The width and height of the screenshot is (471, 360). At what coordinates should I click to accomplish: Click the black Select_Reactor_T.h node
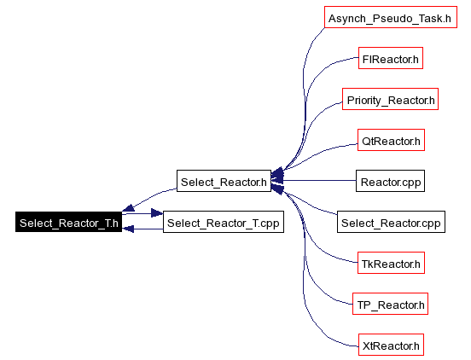(68, 222)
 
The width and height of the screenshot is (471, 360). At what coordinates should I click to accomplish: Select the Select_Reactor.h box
(224, 181)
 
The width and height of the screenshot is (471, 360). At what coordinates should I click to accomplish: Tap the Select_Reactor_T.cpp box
(224, 222)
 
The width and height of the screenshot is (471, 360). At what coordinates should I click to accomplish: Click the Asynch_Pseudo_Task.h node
(391, 17)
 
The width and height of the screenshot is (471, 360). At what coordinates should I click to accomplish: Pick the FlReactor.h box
(391, 58)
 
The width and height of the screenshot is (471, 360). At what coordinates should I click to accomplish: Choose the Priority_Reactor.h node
(390, 99)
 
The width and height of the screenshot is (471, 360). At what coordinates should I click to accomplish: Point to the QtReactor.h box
(391, 140)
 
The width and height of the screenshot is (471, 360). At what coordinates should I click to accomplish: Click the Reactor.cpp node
(390, 181)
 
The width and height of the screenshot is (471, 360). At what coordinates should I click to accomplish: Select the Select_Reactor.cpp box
(391, 222)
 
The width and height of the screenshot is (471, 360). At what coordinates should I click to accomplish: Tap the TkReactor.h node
(391, 263)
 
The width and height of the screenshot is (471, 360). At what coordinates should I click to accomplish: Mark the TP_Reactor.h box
(390, 304)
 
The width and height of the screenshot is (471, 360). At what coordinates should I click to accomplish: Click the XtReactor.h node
(391, 345)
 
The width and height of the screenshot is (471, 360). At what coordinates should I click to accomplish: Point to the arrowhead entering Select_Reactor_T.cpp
(157, 213)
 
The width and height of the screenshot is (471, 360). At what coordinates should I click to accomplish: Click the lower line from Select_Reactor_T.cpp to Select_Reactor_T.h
(143, 229)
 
